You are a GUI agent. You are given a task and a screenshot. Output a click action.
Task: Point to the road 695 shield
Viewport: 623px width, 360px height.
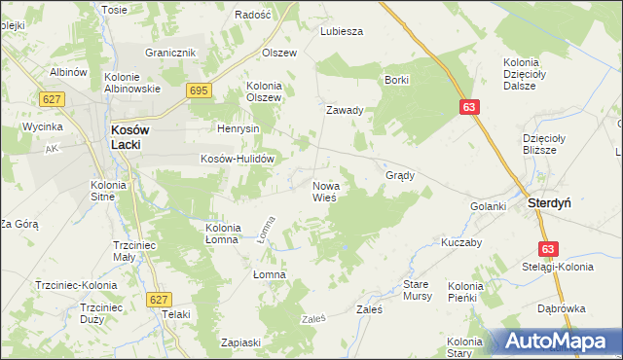(x=199, y=90)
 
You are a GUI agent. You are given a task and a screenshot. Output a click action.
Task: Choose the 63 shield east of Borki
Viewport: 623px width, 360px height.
(x=469, y=109)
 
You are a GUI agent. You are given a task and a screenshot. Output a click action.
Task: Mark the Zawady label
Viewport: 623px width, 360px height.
(x=345, y=110)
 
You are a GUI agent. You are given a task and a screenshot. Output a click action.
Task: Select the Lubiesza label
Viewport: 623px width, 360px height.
(x=342, y=31)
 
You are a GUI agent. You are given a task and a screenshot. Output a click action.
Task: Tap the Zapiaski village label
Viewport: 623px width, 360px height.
(x=240, y=342)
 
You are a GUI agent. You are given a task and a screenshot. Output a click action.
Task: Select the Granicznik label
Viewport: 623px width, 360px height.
(x=171, y=53)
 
